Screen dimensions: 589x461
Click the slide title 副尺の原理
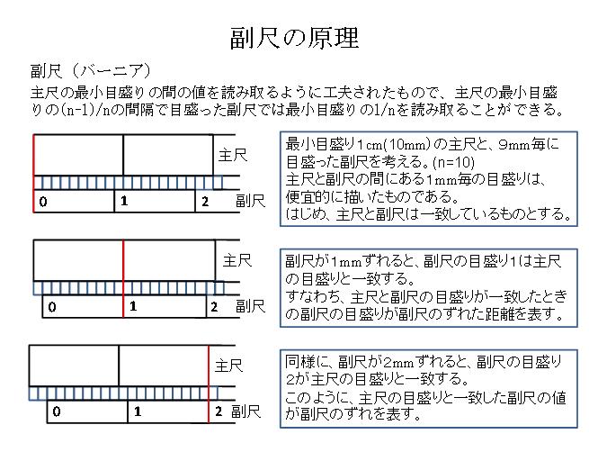click(x=295, y=38)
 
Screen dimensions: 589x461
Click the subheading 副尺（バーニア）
click(x=91, y=71)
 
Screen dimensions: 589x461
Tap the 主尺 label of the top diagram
click(x=233, y=155)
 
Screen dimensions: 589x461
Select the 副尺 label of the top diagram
click(x=251, y=201)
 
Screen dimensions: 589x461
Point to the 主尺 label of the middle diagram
click(x=237, y=260)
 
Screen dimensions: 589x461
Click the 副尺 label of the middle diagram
click(x=251, y=306)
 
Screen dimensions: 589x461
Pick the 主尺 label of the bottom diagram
click(x=229, y=366)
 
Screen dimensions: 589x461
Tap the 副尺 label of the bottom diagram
click(x=246, y=411)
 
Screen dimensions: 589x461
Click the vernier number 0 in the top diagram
click(x=43, y=202)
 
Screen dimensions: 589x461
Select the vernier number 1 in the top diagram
click(x=124, y=201)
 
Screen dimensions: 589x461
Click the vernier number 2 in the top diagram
click(x=205, y=202)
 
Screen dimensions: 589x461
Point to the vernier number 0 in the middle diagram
click(x=52, y=307)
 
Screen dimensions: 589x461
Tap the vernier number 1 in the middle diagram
click(x=133, y=306)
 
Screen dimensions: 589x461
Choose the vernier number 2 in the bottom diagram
click(x=219, y=411)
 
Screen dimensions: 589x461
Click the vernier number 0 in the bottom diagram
click(x=57, y=411)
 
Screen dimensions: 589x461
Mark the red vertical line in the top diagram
click(x=34, y=174)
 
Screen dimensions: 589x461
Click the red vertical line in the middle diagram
click(x=123, y=278)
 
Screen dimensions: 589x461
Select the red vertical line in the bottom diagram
click(x=209, y=384)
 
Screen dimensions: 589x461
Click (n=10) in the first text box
click(x=454, y=162)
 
